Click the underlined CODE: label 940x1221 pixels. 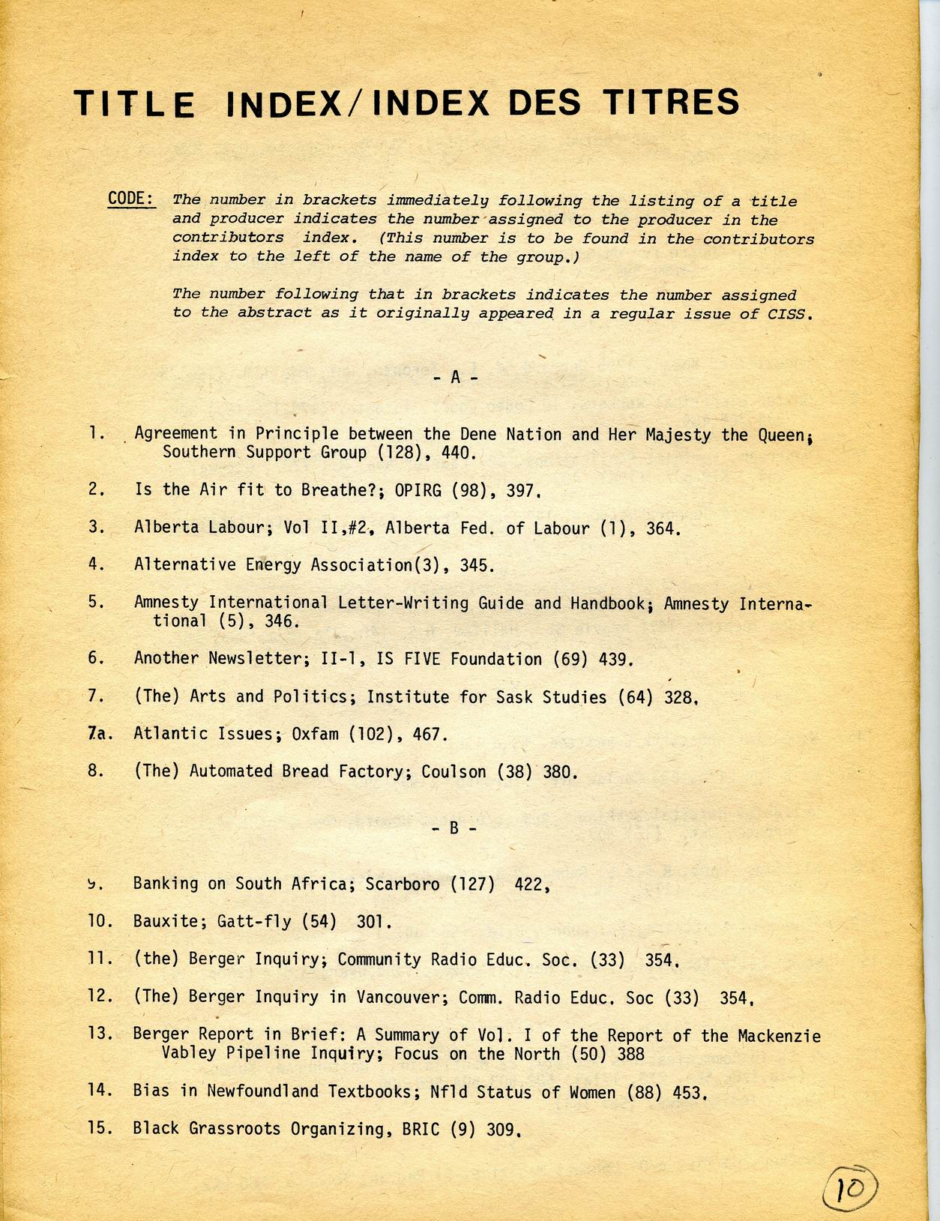(x=132, y=199)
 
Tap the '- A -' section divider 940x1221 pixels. (x=454, y=378)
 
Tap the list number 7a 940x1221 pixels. (x=99, y=734)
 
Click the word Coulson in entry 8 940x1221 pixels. (x=454, y=771)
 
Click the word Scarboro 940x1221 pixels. (x=403, y=884)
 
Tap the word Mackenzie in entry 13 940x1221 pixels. (x=779, y=1036)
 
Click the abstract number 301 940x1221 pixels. (x=374, y=921)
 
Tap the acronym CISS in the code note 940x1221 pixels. (x=792, y=314)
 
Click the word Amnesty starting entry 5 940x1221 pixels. (x=166, y=603)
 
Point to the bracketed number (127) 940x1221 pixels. (x=472, y=884)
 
